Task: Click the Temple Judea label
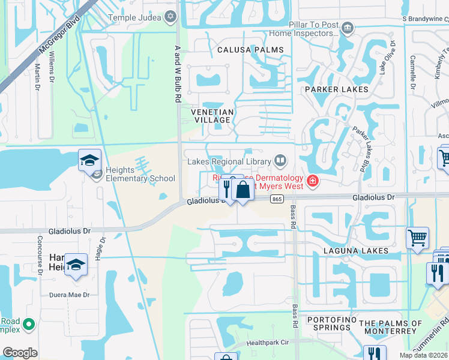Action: (134, 17)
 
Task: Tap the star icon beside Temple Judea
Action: (171, 17)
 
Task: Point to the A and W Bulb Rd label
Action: (177, 71)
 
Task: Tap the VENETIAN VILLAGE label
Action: (211, 116)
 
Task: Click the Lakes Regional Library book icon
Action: (280, 160)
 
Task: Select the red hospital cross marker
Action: (312, 181)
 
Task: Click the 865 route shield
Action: (277, 199)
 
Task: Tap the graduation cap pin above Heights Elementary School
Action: (89, 161)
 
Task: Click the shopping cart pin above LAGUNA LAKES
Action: (417, 237)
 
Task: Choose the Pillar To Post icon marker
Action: (348, 28)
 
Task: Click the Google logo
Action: (20, 353)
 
